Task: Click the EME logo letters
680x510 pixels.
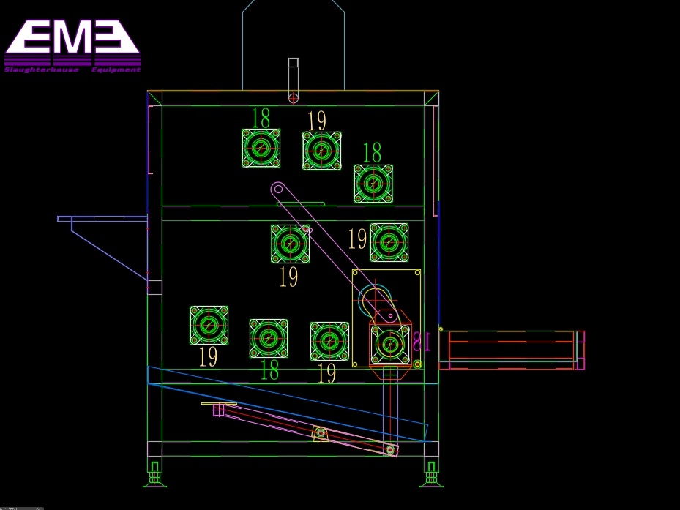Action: [x=72, y=37]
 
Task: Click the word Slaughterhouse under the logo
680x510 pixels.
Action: [x=41, y=70]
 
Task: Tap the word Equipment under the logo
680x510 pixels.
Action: [x=116, y=70]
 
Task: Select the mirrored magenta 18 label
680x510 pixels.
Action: [x=422, y=342]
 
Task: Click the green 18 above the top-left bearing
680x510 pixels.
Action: [x=261, y=118]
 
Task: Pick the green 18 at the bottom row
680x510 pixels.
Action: [x=270, y=370]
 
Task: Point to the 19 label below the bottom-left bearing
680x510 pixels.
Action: [x=208, y=356]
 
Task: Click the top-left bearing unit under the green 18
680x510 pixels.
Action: [x=261, y=148]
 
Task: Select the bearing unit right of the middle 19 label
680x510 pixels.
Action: [x=389, y=242]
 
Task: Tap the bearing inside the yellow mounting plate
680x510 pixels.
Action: [x=389, y=345]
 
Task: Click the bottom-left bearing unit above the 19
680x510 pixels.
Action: [x=209, y=326]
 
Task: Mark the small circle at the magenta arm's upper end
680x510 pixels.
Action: [x=278, y=189]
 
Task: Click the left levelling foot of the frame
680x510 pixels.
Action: [x=155, y=474]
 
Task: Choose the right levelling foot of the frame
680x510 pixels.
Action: [x=431, y=474]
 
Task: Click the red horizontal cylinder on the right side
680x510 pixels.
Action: [x=512, y=350]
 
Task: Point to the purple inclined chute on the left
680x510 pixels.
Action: [x=102, y=247]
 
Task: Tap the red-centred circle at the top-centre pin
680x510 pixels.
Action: [x=294, y=98]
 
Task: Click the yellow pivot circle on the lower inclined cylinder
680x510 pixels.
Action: [x=321, y=433]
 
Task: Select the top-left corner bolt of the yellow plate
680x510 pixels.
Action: [x=355, y=273]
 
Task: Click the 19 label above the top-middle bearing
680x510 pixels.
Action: [x=317, y=121]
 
